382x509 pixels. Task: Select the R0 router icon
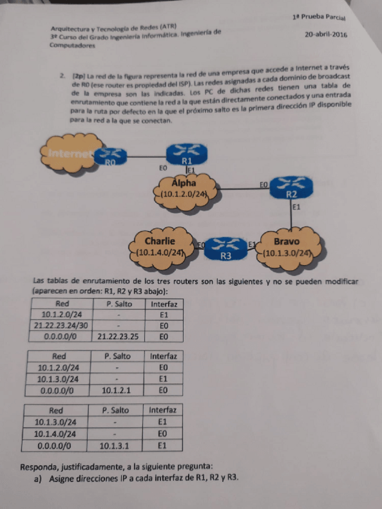[110, 157]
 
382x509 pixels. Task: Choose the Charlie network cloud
[159, 247]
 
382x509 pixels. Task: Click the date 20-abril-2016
[326, 35]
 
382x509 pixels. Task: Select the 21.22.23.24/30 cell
[62, 325]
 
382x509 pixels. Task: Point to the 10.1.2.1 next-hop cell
[115, 390]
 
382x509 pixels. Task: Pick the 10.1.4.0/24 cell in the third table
[56, 434]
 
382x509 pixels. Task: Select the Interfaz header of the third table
[162, 411]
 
